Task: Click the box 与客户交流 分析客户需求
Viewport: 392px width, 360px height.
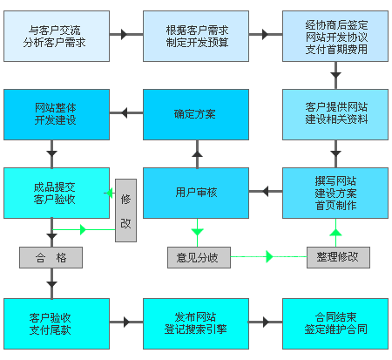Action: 57,36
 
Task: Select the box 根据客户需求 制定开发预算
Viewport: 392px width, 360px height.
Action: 196,36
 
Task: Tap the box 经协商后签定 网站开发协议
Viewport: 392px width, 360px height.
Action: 336,36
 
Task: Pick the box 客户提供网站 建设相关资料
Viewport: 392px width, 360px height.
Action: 336,113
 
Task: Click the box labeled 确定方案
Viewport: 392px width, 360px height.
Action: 196,113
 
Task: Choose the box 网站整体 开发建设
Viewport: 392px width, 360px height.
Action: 57,113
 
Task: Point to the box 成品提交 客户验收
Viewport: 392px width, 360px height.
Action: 57,193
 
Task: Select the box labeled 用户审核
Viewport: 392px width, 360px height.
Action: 196,193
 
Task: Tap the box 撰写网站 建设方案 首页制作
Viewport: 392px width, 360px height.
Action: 336,193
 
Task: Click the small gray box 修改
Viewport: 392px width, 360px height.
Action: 127,210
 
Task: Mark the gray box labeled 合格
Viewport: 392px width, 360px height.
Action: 51,258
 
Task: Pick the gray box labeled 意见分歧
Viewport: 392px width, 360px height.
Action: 196,258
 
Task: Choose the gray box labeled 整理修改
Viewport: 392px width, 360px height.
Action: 338,258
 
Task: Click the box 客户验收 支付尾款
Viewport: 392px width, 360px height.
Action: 57,323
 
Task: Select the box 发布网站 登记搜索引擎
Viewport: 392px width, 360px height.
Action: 196,323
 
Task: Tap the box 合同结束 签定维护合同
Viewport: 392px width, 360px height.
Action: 336,323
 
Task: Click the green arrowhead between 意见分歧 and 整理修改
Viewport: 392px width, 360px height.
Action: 269,257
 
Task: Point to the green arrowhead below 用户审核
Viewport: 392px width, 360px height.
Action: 197,233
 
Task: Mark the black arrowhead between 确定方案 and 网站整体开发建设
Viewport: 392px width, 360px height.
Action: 125,113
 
